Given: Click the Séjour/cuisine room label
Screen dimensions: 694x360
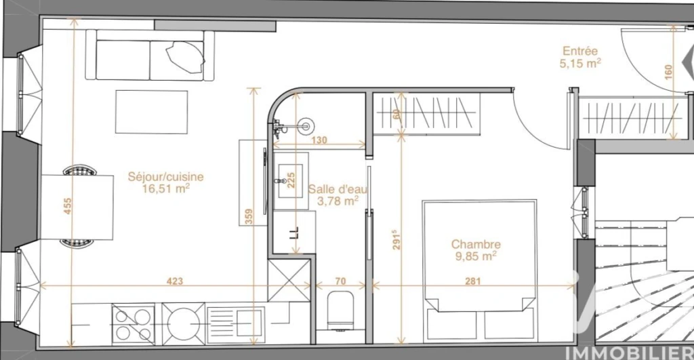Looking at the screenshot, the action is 166,177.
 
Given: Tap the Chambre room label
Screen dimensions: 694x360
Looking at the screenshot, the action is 476,244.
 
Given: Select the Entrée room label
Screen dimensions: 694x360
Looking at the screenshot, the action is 580,51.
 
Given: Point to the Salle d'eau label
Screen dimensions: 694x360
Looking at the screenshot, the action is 338,189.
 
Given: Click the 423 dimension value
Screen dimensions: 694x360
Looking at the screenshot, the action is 175,281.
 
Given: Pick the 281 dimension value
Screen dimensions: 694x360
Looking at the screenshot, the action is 472,281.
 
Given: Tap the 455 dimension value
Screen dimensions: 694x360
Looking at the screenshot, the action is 67,206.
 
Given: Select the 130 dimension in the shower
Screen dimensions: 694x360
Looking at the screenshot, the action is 319,140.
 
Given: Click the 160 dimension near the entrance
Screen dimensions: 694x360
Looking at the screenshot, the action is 668,72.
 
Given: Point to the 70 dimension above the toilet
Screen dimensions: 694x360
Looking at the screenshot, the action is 340,281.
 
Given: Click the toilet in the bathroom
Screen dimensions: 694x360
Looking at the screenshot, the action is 340,311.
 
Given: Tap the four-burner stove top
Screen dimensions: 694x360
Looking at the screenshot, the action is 134,324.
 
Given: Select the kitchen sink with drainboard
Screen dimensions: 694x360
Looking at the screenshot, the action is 236,325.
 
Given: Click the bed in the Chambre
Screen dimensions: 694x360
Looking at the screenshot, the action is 479,271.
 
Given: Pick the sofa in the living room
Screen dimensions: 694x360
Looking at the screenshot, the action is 150,56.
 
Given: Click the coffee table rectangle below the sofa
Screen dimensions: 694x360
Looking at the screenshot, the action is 151,112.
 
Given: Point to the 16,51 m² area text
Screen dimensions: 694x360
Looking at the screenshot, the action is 166,189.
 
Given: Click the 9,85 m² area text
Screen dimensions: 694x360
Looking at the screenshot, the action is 476,256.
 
